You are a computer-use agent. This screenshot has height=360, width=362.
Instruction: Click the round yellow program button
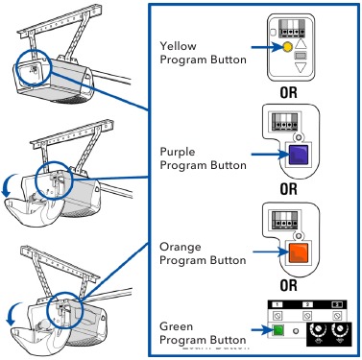click(286, 45)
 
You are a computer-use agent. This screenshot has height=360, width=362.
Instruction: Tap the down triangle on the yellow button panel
click(304, 67)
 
